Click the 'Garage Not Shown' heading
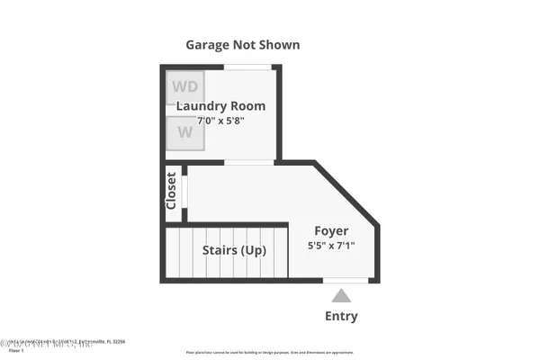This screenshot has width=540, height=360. [x=242, y=44]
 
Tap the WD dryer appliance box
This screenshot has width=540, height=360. [x=184, y=87]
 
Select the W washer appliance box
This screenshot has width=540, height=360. [x=184, y=132]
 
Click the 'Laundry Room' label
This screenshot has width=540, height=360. [x=220, y=106]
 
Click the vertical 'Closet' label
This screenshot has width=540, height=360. [x=172, y=192]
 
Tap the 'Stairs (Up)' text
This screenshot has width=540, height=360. [x=234, y=250]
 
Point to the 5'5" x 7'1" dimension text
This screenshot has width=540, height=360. [x=332, y=246]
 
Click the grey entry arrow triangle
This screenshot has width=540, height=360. [x=341, y=295]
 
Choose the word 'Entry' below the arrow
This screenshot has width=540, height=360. [x=341, y=316]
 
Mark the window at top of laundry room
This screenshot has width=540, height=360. [x=247, y=67]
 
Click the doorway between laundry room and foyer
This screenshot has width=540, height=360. [x=249, y=162]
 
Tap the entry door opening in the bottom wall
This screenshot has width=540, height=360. [x=346, y=281]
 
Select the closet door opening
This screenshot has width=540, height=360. [x=184, y=192]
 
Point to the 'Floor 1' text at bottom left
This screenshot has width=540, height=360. [x=15, y=350]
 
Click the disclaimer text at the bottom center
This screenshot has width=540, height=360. [x=270, y=352]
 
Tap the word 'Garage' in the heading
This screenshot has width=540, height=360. [x=209, y=44]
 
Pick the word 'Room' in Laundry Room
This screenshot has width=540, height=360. [x=247, y=106]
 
